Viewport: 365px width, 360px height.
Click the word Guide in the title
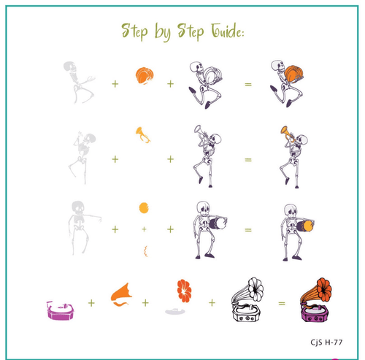[x=227, y=31]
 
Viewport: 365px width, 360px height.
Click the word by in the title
[x=163, y=32]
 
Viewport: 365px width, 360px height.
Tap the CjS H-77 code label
[x=326, y=342]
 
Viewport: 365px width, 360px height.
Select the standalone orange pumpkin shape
[x=145, y=76]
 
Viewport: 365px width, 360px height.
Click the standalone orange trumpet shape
[x=142, y=134]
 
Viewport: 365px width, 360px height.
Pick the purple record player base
[x=61, y=310]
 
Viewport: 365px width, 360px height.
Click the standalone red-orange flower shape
[x=184, y=291]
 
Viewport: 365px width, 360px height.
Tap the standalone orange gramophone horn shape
[x=122, y=294]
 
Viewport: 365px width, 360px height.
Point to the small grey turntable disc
[x=175, y=311]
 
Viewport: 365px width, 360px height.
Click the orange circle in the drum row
[x=144, y=208]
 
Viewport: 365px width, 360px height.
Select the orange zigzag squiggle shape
[x=145, y=251]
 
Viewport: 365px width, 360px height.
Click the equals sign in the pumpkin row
[x=248, y=85]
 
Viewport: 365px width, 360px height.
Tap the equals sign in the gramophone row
[x=282, y=303]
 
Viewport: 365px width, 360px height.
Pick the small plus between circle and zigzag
[x=145, y=229]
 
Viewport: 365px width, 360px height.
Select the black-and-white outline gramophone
[x=246, y=301]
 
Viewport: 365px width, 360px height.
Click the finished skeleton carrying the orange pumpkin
[x=287, y=83]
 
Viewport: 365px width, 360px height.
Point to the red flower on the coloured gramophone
[x=323, y=289]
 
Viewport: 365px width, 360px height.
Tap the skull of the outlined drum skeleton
[x=203, y=207]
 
